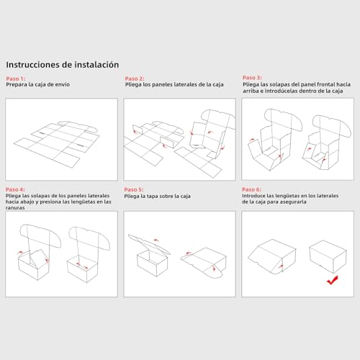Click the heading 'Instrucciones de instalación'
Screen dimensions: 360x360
tap(63, 64)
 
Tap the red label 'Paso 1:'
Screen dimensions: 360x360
tap(15, 78)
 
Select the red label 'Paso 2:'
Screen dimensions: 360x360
tap(135, 78)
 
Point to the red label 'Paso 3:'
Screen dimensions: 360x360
tap(252, 77)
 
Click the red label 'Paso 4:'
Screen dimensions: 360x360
tap(15, 189)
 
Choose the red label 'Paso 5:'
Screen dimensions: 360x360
tap(135, 189)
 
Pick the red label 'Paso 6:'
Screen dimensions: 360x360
tap(252, 189)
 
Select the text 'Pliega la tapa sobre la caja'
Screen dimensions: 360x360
tap(157, 196)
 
